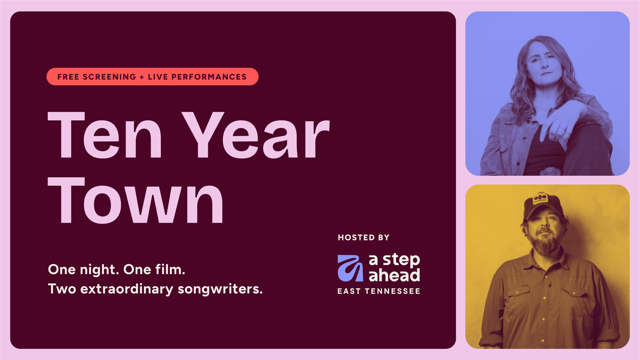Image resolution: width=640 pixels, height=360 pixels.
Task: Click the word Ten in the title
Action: [x=105, y=135]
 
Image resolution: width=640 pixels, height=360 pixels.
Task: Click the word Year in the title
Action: [x=256, y=135]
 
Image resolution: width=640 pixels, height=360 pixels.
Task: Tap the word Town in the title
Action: [x=136, y=200]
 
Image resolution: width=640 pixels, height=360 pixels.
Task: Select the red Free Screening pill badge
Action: [x=152, y=77]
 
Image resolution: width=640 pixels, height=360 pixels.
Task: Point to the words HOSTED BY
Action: [x=363, y=238]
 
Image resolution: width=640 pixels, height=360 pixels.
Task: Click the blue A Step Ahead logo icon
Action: [x=350, y=268]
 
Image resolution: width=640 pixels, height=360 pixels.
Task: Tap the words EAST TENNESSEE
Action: [x=379, y=291]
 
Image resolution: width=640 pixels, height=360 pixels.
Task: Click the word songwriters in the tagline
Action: [x=220, y=289]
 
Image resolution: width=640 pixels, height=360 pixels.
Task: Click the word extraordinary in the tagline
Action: [x=127, y=289]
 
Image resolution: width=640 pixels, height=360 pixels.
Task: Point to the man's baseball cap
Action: [x=543, y=206]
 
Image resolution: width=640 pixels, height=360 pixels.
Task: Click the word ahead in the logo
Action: [x=394, y=275]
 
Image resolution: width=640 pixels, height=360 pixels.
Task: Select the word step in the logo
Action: [x=401, y=261]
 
